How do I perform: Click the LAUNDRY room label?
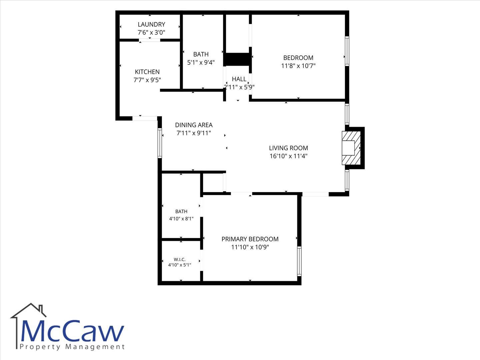pos(151,24)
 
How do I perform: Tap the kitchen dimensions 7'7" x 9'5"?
pos(147,80)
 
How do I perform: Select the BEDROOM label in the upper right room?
pos(298,58)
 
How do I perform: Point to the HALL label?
pos(239,79)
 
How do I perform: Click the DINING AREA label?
pos(194,125)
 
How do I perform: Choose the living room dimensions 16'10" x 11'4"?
pos(289,156)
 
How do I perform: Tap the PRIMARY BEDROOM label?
pos(250,239)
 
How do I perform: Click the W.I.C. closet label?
pos(180,259)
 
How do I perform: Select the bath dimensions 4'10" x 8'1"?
pos(181,219)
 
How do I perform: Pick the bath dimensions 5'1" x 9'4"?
pos(201,63)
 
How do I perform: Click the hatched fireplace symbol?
pos(351,148)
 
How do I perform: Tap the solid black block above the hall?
pos(237,59)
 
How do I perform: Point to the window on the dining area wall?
pos(160,143)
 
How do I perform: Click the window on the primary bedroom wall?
pos(299,261)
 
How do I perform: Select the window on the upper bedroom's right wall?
pos(347,51)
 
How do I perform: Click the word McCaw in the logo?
pos(72,331)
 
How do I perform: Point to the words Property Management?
pos(72,347)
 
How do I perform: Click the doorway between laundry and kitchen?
pos(150,40)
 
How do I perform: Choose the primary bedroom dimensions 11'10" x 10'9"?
pos(250,247)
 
